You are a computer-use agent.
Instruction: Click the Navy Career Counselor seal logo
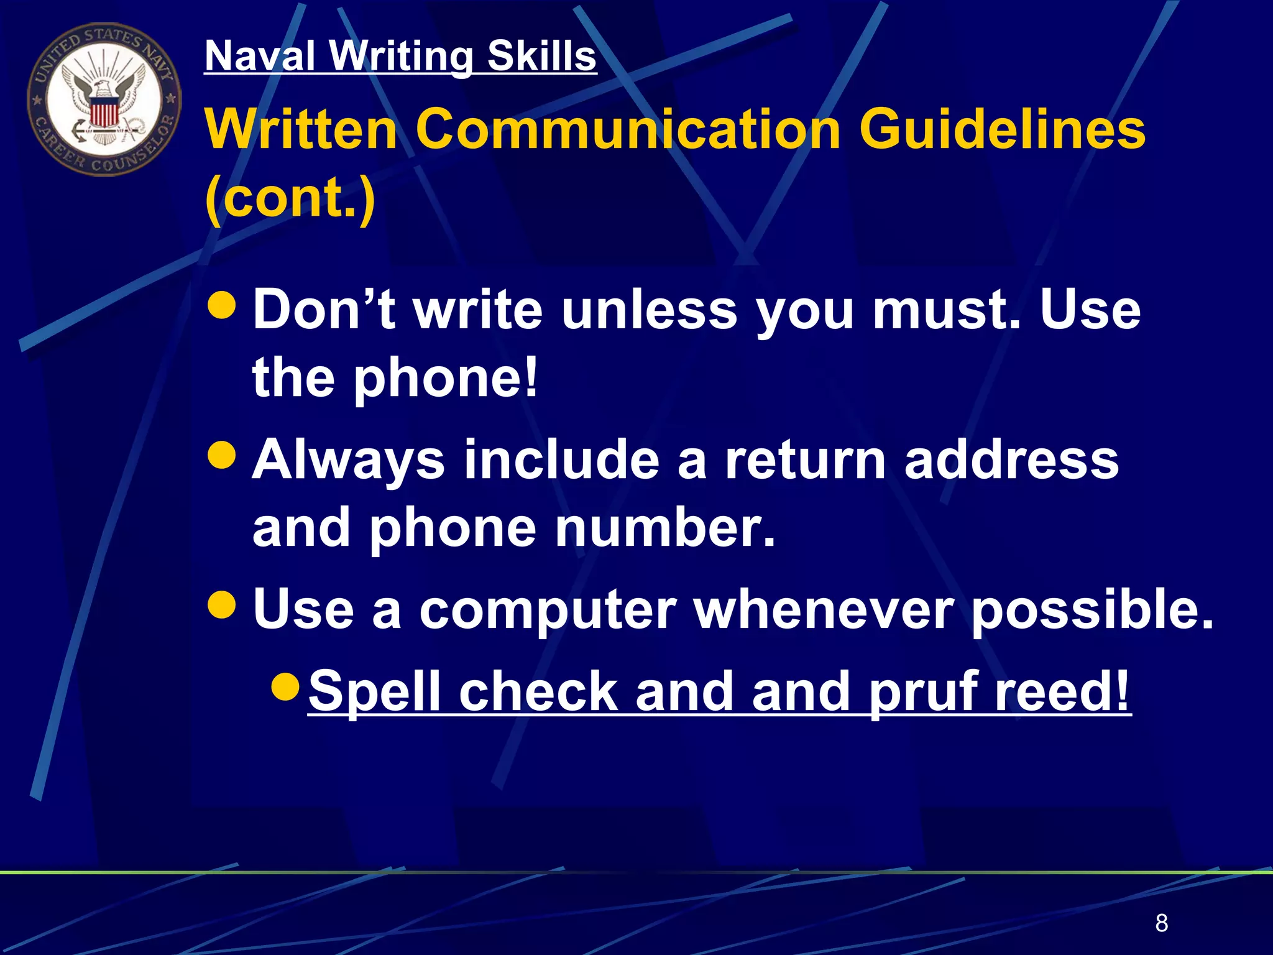coord(104,99)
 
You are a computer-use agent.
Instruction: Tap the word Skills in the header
coord(541,56)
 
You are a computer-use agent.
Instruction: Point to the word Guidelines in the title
coord(1002,129)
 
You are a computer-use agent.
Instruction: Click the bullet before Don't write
coord(222,305)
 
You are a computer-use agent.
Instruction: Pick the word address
coord(1011,460)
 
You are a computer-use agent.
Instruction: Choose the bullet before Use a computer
coord(222,604)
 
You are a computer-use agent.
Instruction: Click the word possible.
coord(1091,610)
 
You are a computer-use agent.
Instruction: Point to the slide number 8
coord(1162,923)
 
